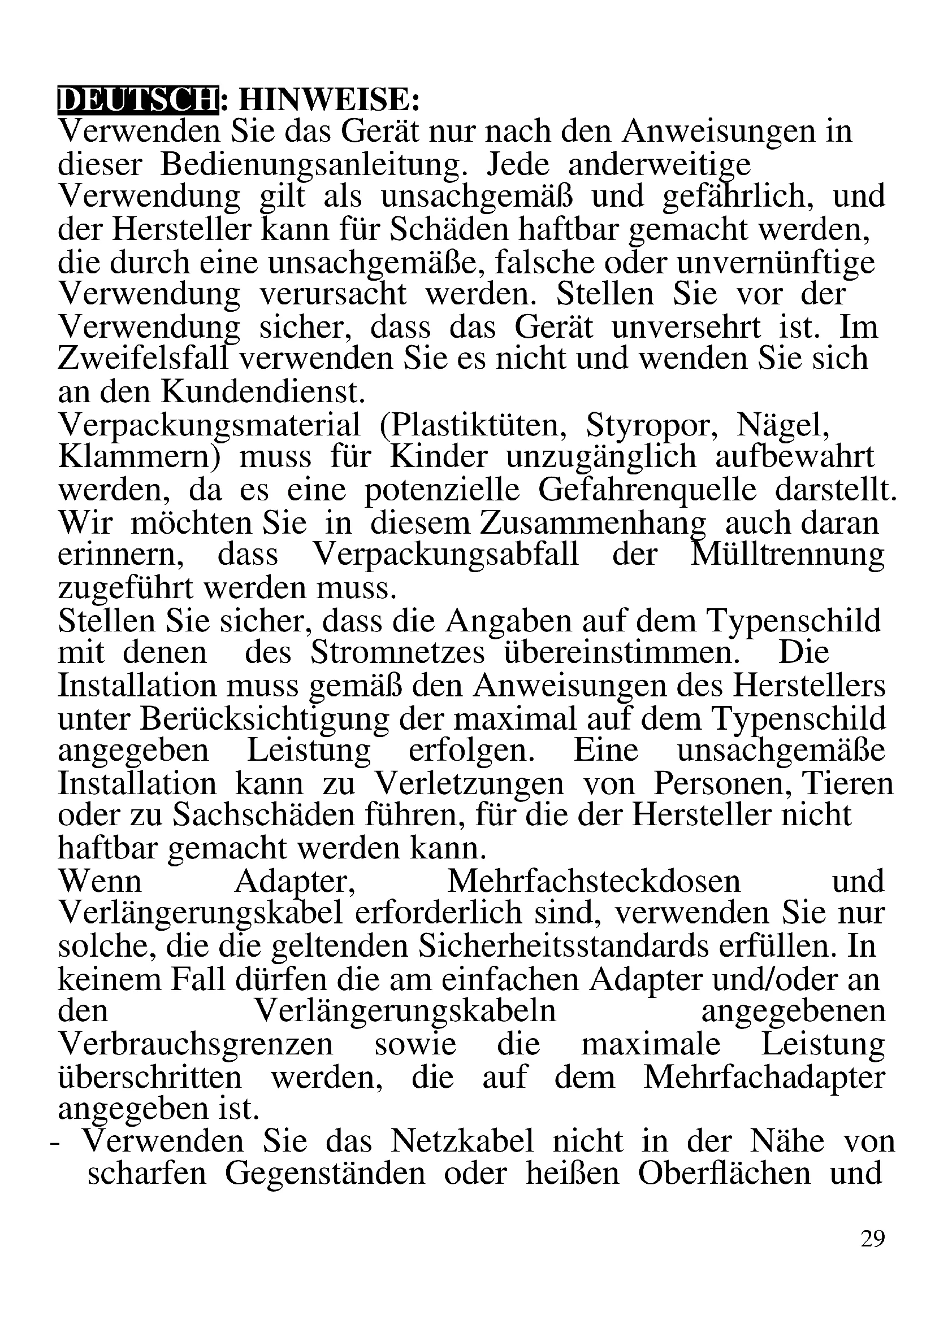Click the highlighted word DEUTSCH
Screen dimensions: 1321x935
pyautogui.click(x=138, y=100)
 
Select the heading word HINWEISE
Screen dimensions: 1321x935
pyautogui.click(x=329, y=100)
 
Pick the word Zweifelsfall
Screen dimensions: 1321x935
pyautogui.click(x=148, y=359)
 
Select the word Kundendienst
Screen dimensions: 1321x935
pyautogui.click(x=263, y=392)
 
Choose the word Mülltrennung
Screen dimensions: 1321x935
pyautogui.click(x=786, y=555)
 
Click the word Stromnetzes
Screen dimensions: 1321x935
pyautogui.click(x=397, y=653)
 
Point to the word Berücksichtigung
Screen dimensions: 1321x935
pyautogui.click(x=223, y=719)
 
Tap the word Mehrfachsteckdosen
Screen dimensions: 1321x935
pyautogui.click(x=594, y=882)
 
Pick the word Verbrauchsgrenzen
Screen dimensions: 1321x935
pyautogui.click(x=196, y=1044)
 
